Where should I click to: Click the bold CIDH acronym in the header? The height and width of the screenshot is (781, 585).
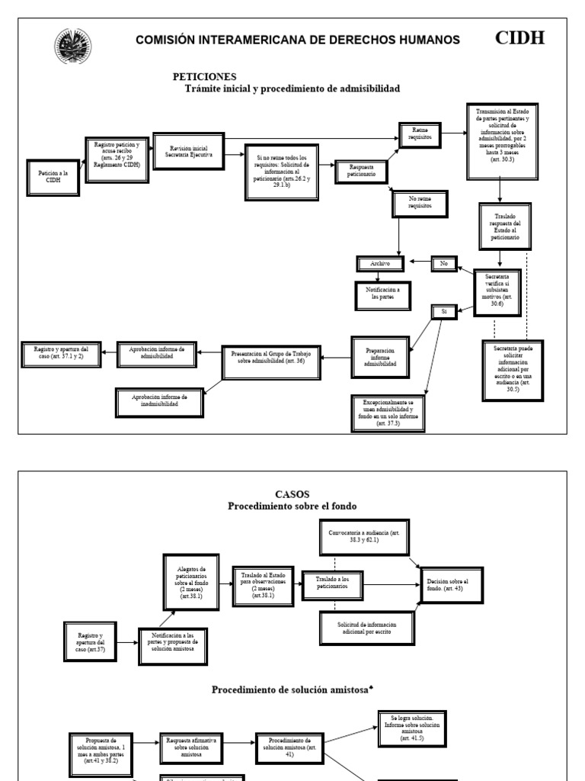520,37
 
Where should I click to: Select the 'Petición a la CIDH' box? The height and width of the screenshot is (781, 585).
53,177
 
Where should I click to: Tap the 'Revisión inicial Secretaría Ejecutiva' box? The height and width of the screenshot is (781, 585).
190,150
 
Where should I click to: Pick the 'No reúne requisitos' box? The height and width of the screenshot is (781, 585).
420,202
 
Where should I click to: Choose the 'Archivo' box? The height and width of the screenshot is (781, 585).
379,264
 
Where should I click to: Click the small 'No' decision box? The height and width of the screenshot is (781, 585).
443,264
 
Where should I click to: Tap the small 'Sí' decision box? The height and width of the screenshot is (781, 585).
443,311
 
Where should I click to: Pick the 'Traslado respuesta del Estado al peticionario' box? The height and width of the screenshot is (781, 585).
500,227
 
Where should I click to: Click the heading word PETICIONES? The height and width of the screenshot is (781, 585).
204,76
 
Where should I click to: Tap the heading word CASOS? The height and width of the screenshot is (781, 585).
293,494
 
